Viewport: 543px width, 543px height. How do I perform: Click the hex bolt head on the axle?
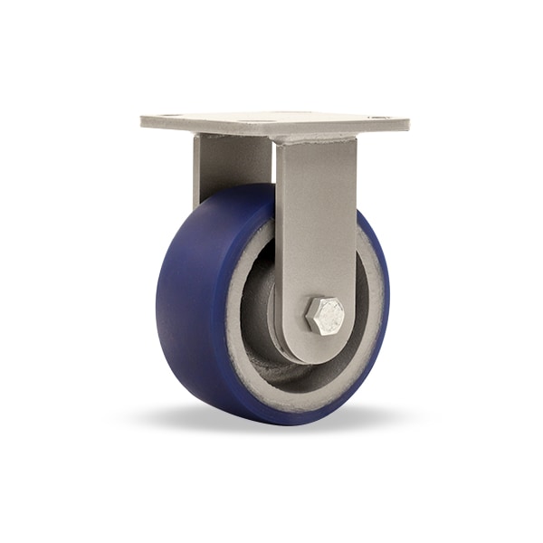click(x=325, y=315)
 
